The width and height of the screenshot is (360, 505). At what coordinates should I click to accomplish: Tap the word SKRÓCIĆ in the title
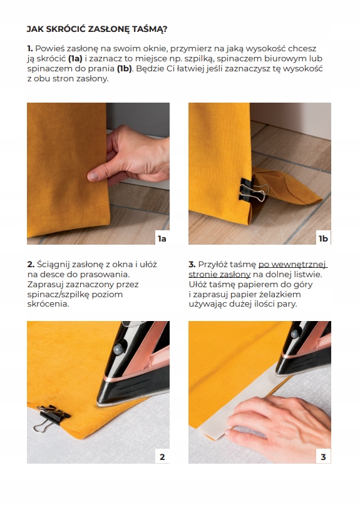click(x=66, y=29)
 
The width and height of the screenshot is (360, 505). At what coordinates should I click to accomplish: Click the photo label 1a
click(x=162, y=238)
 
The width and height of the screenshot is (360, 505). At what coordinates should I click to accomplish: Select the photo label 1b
click(x=323, y=238)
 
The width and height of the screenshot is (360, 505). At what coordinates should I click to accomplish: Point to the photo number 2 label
click(x=162, y=457)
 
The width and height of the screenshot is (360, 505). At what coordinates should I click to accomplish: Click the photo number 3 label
click(x=323, y=457)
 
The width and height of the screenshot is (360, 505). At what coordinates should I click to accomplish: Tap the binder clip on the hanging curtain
click(x=254, y=191)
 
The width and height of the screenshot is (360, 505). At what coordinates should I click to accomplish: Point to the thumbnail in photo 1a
click(x=93, y=176)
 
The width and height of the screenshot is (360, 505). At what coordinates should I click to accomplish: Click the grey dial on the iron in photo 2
click(x=118, y=349)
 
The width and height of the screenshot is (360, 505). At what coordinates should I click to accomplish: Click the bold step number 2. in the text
click(x=31, y=265)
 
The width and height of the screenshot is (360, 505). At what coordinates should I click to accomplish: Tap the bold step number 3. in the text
click(x=192, y=265)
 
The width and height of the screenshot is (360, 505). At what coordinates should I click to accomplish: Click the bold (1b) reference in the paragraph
click(x=125, y=69)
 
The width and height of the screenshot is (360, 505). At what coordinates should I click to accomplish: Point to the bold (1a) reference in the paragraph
click(x=75, y=59)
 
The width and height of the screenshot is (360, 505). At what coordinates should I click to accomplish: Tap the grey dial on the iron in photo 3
click(x=295, y=334)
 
